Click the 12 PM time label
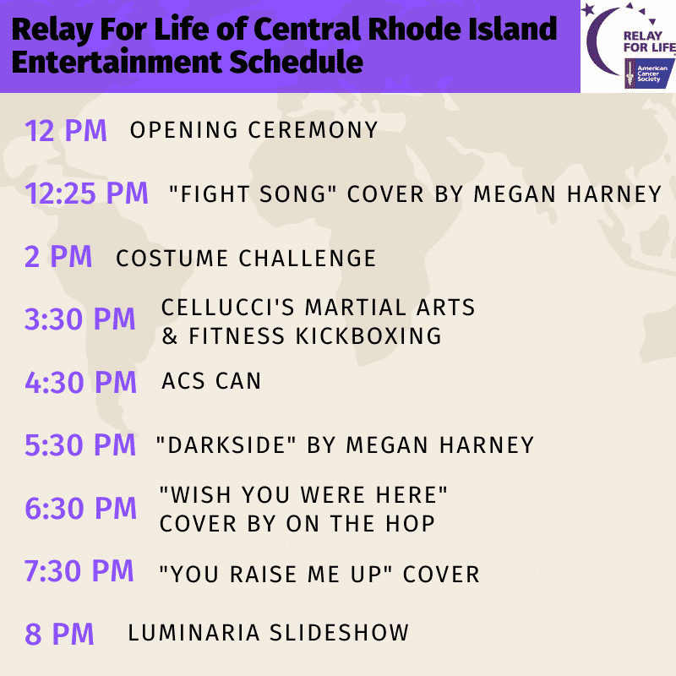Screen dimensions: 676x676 pyautogui.click(x=66, y=131)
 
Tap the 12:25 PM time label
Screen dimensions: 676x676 pyautogui.click(x=86, y=193)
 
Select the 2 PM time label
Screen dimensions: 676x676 pyautogui.click(x=58, y=257)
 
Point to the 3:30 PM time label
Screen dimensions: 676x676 pyautogui.click(x=79, y=319)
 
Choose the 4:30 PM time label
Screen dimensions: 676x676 pyautogui.click(x=80, y=382)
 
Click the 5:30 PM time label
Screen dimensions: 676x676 pyautogui.click(x=80, y=444)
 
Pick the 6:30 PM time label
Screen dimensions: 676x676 pyautogui.click(x=80, y=508)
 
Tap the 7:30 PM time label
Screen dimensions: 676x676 pyautogui.click(x=79, y=571)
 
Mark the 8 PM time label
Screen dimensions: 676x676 pyautogui.click(x=59, y=634)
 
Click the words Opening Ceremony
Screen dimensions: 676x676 pyautogui.click(x=254, y=130)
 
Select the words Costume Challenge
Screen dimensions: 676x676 pyautogui.click(x=246, y=259)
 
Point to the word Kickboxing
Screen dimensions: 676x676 pyautogui.click(x=368, y=335)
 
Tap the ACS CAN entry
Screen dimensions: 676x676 pyautogui.click(x=211, y=381)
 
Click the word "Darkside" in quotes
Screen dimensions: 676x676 pyautogui.click(x=226, y=444)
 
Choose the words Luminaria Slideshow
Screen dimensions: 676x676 pyautogui.click(x=268, y=633)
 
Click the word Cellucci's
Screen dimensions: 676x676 pyautogui.click(x=227, y=308)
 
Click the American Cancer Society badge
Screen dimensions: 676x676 pyautogui.click(x=649, y=74)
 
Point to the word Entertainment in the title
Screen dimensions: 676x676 pyautogui.click(x=117, y=62)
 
